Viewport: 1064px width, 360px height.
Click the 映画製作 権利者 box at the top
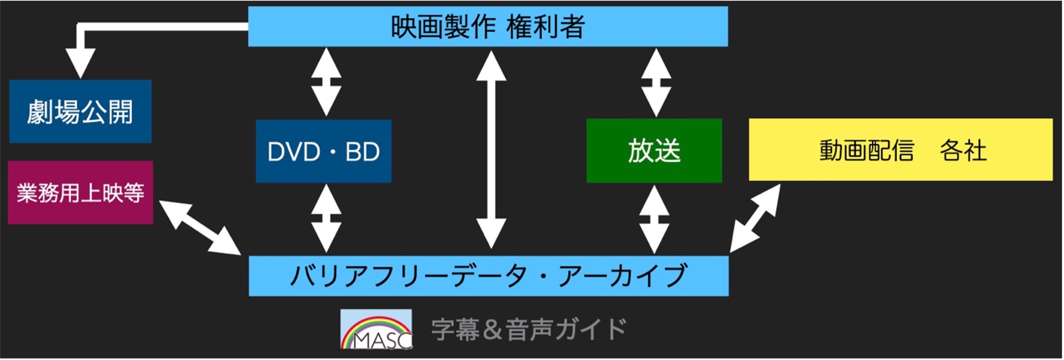point(488,26)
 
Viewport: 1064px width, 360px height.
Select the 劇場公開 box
point(80,111)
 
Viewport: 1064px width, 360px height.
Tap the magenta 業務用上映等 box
point(80,193)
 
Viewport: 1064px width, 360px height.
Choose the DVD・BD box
point(323,151)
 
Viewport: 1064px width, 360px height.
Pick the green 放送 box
point(654,151)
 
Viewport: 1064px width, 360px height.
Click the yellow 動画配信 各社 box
point(900,150)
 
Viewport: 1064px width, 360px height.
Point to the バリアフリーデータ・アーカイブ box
point(488,276)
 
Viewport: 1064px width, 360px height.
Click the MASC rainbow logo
point(376,329)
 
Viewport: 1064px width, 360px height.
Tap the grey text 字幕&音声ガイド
point(529,329)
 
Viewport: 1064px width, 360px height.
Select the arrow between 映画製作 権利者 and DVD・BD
point(326,82)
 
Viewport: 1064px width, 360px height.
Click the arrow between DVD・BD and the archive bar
point(326,219)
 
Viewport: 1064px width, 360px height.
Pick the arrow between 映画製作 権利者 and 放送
point(656,83)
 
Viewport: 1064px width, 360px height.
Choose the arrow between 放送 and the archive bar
point(654,219)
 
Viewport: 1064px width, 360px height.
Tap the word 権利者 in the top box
point(545,26)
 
